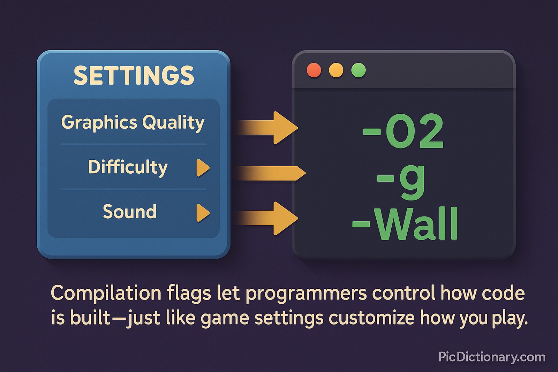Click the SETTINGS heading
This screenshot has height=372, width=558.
[134, 76]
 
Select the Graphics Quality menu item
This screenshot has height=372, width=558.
[133, 123]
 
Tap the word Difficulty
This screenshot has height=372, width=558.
[128, 167]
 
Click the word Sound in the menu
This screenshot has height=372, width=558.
[129, 212]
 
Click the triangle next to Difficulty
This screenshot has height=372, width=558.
[203, 168]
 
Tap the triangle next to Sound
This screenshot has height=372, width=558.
[203, 213]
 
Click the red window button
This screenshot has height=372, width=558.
[314, 70]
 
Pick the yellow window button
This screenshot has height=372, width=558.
[336, 70]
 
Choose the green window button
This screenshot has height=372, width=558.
[359, 70]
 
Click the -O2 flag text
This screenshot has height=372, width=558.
[403, 131]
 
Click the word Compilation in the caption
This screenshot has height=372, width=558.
[106, 294]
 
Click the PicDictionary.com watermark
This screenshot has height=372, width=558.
[492, 357]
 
